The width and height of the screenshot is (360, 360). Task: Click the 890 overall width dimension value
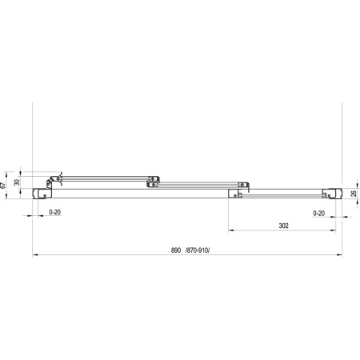point(176,250)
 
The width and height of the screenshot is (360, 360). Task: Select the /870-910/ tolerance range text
point(198,250)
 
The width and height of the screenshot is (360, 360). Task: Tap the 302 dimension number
point(284,226)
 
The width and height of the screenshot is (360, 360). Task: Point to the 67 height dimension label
point(3,186)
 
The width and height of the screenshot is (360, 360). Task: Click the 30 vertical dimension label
point(17,182)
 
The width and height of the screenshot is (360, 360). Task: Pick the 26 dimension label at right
point(354,194)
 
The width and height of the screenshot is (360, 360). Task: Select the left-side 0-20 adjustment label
point(55,212)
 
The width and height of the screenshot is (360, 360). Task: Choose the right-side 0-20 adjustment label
point(319,214)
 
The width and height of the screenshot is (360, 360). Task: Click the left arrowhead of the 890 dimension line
point(34,255)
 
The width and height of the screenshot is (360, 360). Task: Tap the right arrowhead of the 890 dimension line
point(340,255)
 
